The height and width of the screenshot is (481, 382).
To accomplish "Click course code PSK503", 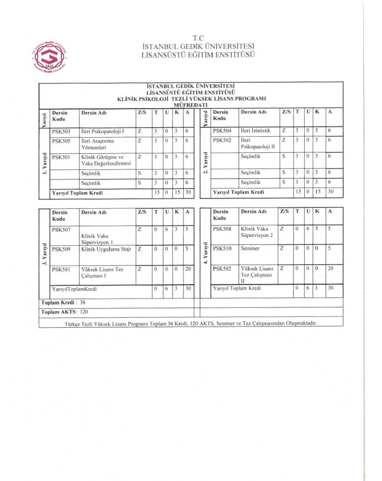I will (x=61, y=131).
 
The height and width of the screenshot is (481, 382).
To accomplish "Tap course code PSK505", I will (x=61, y=141).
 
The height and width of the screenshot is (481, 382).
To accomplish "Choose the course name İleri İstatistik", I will (x=256, y=130).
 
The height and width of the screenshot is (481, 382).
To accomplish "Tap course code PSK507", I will (x=61, y=230).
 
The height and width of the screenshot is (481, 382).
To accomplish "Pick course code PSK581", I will (x=61, y=269).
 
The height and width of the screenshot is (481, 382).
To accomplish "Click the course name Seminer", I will (x=250, y=249).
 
